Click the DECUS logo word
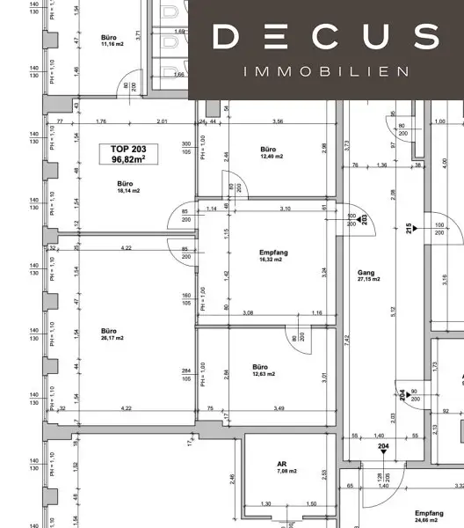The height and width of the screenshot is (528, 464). pos(325,37)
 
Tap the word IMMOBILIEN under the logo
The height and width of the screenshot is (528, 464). pos(325,70)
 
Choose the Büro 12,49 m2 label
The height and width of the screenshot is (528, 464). pos(269,153)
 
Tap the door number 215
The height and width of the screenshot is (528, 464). pos(410,227)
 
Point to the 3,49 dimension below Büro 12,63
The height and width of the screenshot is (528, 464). pos(279,409)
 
